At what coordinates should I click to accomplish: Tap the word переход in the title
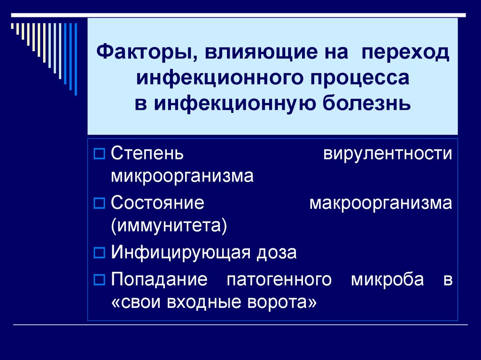[x=405, y=53]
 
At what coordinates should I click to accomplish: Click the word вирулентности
[x=388, y=153]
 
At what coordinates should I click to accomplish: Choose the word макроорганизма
[x=381, y=203]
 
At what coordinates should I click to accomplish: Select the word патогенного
[x=279, y=279]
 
